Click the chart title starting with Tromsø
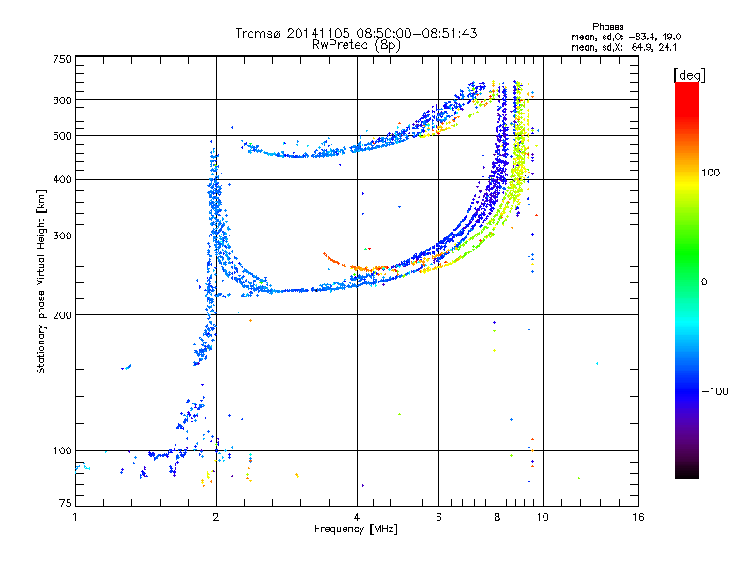[x=356, y=33]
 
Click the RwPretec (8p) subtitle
[x=357, y=44]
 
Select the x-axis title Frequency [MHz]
[x=356, y=530]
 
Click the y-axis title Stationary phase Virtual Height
[x=41, y=281]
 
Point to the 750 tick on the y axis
[x=62, y=58]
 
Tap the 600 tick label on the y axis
[x=62, y=100]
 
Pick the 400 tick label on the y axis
[x=62, y=179]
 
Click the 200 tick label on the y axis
[x=62, y=314]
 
